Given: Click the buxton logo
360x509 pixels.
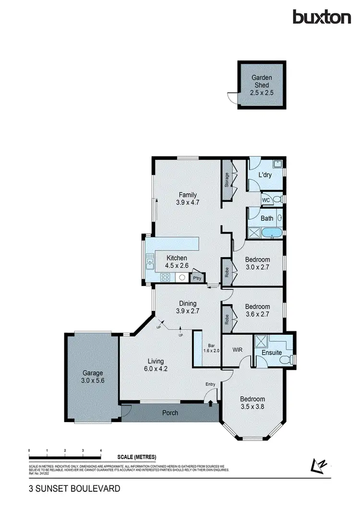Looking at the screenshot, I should click(322, 17).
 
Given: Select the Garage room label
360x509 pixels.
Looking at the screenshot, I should click(93, 377).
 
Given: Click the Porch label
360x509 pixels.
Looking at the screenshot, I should click(170, 413).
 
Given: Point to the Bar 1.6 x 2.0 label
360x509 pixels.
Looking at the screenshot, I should click(214, 348).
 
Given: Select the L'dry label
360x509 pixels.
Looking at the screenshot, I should click(265, 175).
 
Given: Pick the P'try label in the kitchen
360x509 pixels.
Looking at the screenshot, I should click(197, 278).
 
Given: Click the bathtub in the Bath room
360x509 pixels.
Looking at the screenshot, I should click(272, 234).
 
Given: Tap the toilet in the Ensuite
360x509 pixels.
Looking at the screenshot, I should click(286, 360).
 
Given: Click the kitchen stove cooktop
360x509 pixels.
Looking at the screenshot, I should click(165, 277).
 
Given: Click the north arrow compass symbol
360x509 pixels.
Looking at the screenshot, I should click(318, 464).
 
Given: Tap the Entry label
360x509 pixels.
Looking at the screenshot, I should click(211, 384).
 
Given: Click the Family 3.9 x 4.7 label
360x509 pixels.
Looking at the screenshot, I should click(188, 198).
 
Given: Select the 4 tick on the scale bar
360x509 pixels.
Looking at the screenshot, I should click(101, 451).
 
